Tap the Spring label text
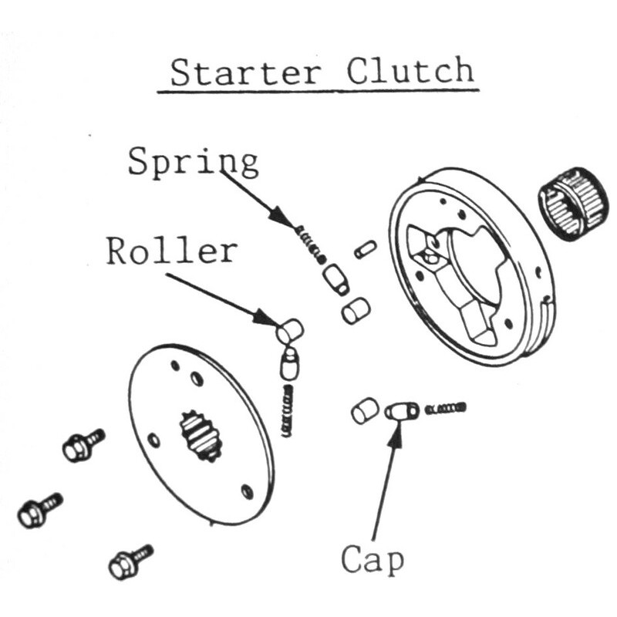tap(193, 162)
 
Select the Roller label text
tap(171, 251)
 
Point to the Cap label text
tap(373, 561)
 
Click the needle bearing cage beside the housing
tap(573, 203)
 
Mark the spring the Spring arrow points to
tap(309, 242)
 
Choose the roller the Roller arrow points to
tap(290, 332)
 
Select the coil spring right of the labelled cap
tap(446, 407)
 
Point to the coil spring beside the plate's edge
tap(288, 410)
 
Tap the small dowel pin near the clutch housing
tap(365, 249)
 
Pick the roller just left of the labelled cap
tap(364, 410)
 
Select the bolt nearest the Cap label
tap(130, 562)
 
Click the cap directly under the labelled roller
tap(290, 362)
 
